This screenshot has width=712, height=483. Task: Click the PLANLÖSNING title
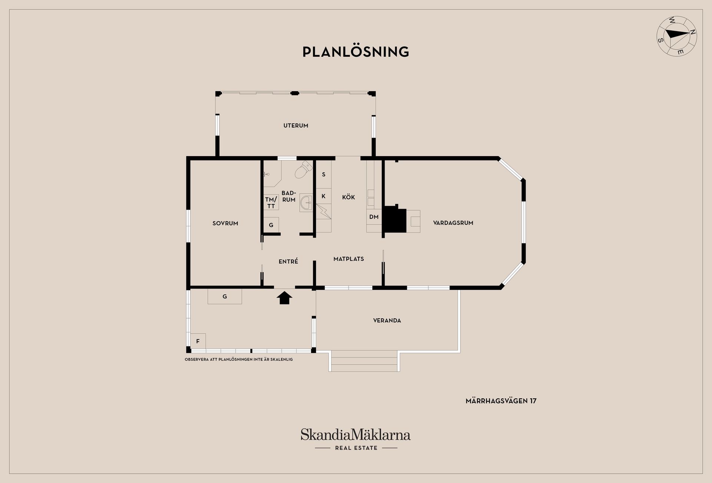[356, 52]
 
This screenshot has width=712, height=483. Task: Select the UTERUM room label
[296, 125]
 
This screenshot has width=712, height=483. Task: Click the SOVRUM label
[225, 223]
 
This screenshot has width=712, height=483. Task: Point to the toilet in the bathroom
[304, 170]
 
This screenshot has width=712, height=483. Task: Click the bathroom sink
[306, 203]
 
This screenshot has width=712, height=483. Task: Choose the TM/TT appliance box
[271, 203]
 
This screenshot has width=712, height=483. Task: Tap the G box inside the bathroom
[271, 225]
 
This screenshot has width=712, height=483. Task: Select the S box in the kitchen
[323, 174]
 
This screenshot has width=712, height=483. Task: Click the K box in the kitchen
[323, 196]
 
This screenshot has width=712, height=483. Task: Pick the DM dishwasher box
[374, 217]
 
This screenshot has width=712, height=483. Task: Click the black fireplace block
[395, 219]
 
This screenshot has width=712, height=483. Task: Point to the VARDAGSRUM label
[453, 223]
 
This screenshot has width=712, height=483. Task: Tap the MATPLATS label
[349, 259]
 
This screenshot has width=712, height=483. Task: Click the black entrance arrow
[284, 298]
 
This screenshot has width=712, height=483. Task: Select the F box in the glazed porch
[198, 341]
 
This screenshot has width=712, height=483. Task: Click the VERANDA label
[387, 321]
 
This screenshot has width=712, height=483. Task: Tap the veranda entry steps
[364, 361]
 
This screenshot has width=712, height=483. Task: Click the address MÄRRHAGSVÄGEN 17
[501, 401]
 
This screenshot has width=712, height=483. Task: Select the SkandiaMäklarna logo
[356, 439]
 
